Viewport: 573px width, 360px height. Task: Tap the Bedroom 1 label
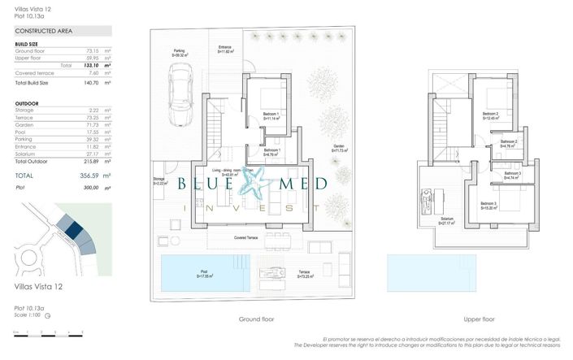(271, 114)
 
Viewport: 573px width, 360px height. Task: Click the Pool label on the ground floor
(205, 273)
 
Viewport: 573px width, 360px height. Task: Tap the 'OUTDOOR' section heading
(28, 104)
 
